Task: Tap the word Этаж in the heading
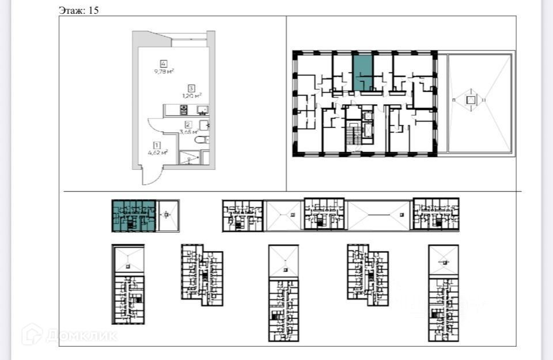pyautogui.click(x=71, y=10)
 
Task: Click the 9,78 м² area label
pyautogui.click(x=164, y=71)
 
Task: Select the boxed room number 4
pyautogui.click(x=164, y=63)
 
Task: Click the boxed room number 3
pyautogui.click(x=191, y=88)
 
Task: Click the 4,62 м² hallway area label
pyautogui.click(x=157, y=153)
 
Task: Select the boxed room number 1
pyautogui.click(x=156, y=145)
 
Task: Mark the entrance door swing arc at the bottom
pyautogui.click(x=151, y=177)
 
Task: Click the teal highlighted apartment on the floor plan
pyautogui.click(x=362, y=72)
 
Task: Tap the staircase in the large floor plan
pyautogui.click(x=351, y=136)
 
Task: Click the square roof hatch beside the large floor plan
pyautogui.click(x=471, y=100)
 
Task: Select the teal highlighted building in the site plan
pyautogui.click(x=134, y=215)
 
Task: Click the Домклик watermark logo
pyautogui.click(x=69, y=335)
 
